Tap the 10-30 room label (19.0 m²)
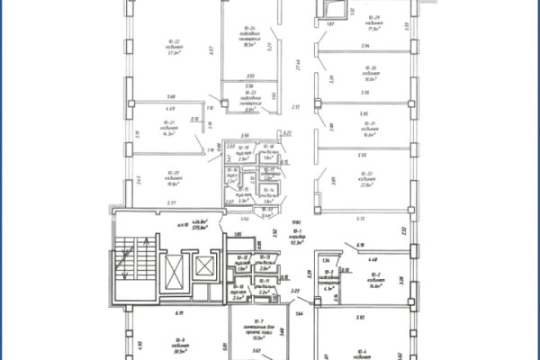(370, 73)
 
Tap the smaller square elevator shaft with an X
(204, 267)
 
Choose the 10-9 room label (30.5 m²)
(167, 342)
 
